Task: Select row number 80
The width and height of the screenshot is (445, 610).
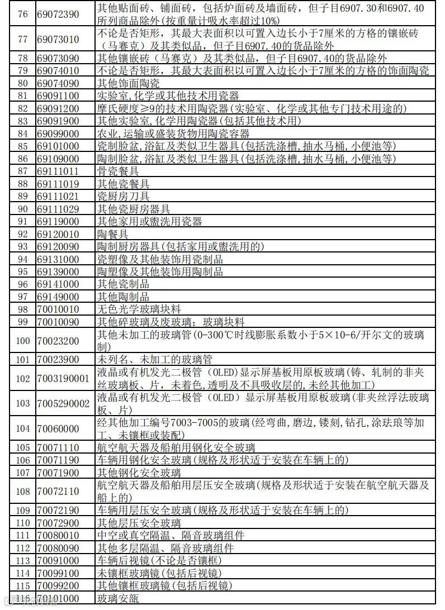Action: (22, 83)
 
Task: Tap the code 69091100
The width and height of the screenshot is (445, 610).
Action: (58, 96)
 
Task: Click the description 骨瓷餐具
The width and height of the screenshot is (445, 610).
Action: (119, 171)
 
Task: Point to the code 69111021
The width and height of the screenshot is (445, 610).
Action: (58, 196)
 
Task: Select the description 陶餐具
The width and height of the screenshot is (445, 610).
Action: (113, 234)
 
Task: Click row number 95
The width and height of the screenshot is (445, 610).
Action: (22, 271)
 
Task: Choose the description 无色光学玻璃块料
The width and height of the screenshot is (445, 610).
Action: (139, 309)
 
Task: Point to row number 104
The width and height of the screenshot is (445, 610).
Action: (22, 428)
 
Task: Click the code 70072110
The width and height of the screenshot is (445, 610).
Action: (58, 492)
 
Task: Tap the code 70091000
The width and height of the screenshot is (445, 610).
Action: (58, 561)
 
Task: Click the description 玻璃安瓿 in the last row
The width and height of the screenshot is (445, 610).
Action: (119, 599)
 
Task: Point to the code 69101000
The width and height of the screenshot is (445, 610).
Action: (58, 146)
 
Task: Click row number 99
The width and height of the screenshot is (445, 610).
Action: (22, 322)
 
